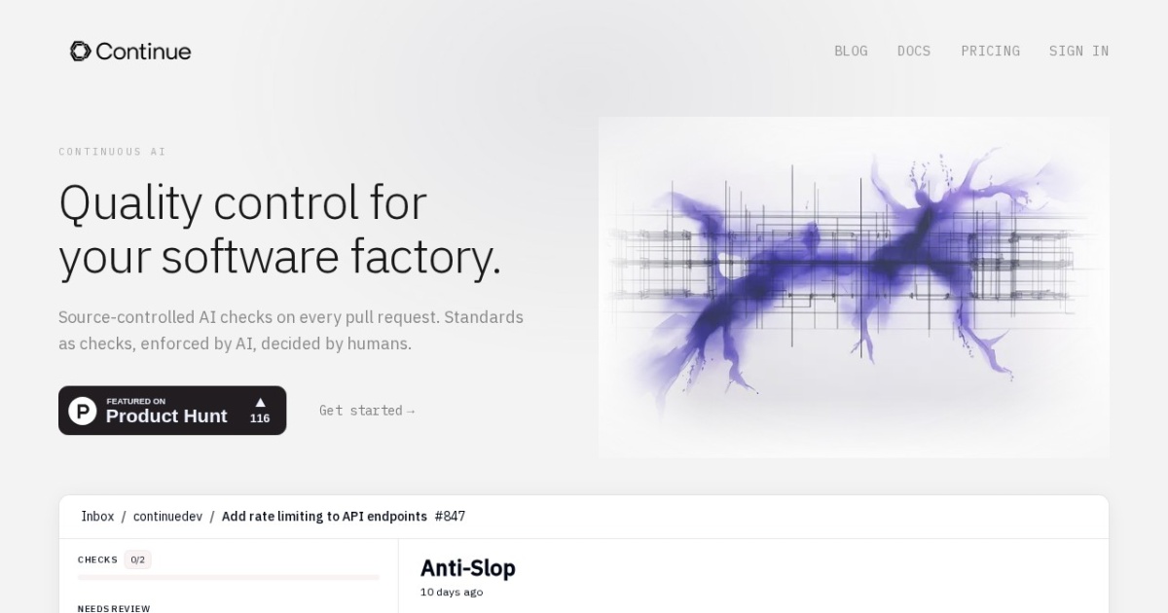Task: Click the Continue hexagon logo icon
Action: coord(80,51)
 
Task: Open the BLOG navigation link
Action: coord(851,51)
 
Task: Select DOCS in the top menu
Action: coord(914,51)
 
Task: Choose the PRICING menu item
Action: coord(990,51)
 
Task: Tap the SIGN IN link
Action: coord(1078,51)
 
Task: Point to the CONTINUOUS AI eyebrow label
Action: coord(112,152)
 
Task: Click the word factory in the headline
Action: coord(426,256)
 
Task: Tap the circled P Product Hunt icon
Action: coord(83,411)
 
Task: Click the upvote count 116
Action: coord(260,418)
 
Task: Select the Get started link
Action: coord(367,411)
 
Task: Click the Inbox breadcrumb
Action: coord(97,516)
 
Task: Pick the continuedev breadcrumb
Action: coord(167,516)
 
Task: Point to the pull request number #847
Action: coord(450,516)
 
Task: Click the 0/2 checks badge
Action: coord(137,559)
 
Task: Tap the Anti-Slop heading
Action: coord(468,568)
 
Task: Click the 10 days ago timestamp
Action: coord(452,593)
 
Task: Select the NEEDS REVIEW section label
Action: coord(114,608)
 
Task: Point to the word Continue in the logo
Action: coord(143,52)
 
